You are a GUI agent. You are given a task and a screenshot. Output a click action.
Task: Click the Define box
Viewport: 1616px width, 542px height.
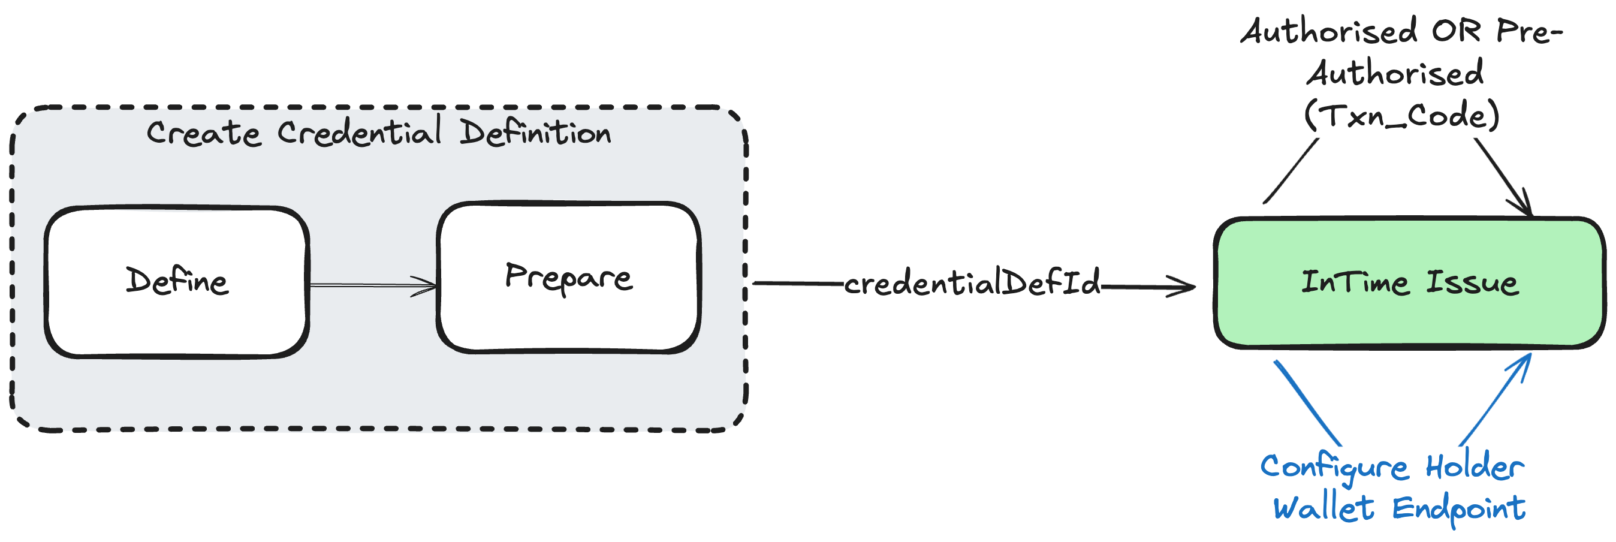[x=176, y=282]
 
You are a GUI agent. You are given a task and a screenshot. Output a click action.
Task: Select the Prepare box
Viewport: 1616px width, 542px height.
[x=568, y=277]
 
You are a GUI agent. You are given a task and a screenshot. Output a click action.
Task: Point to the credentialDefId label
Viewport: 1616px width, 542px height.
[x=972, y=282]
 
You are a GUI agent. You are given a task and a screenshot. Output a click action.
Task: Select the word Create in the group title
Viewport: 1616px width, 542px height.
[x=203, y=134]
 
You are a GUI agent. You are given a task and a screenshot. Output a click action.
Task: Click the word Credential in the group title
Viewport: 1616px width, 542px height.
[x=359, y=133]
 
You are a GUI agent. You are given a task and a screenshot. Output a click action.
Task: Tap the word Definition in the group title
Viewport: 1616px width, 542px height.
[x=535, y=133]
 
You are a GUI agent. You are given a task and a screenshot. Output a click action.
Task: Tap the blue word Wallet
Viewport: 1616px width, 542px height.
[x=1323, y=507]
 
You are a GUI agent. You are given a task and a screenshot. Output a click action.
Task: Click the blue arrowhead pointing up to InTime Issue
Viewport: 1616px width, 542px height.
[x=1523, y=363]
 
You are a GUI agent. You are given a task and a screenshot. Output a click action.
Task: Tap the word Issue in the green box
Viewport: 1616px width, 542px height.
[x=1472, y=282]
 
